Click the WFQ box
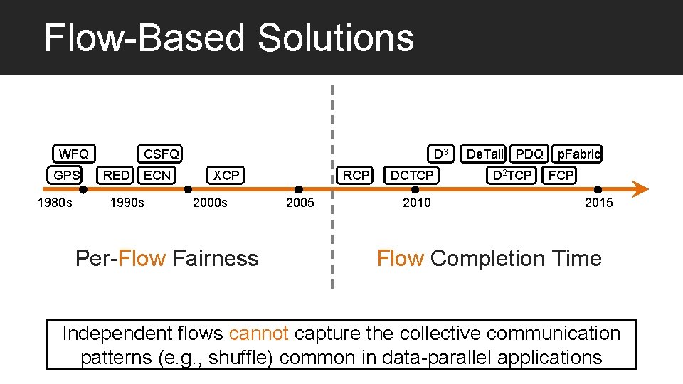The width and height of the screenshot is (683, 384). [x=74, y=154]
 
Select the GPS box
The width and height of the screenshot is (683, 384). [x=67, y=175]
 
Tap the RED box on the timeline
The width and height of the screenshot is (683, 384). [x=117, y=175]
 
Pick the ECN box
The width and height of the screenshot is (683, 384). [x=157, y=175]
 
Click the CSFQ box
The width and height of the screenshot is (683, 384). [x=161, y=154]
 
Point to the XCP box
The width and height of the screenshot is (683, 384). [x=226, y=175]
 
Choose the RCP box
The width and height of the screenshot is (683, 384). [x=356, y=175]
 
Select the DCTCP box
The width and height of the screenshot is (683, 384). [x=412, y=175]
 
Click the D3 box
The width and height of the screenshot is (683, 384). [x=441, y=154]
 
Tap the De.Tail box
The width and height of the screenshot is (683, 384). [x=485, y=154]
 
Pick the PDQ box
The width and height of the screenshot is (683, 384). [x=529, y=154]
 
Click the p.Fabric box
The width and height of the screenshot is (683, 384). [x=578, y=154]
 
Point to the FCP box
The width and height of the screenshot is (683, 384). [x=561, y=175]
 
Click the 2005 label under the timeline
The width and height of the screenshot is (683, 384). [x=300, y=203]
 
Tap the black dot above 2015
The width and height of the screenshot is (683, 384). [x=598, y=189]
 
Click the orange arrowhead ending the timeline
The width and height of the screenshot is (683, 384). [x=640, y=189]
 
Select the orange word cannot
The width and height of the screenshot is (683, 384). [x=259, y=334]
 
